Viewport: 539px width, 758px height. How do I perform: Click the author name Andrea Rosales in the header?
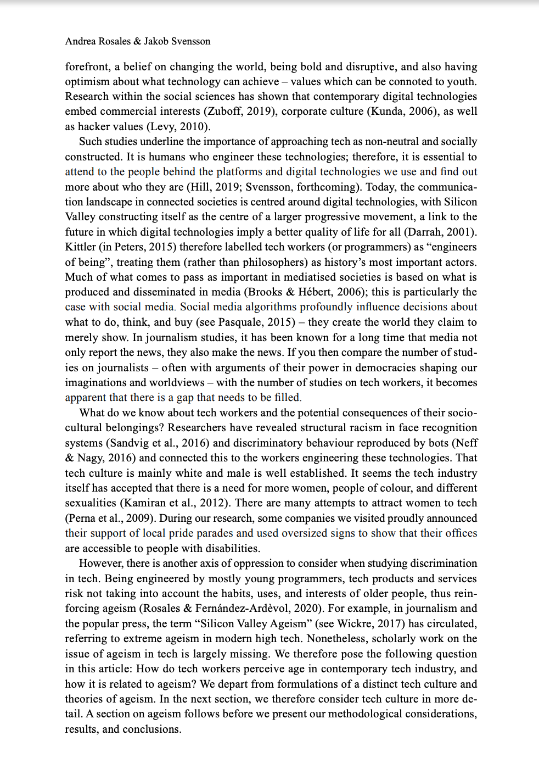pyautogui.click(x=98, y=41)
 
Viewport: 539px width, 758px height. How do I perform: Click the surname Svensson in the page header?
pyautogui.click(x=190, y=41)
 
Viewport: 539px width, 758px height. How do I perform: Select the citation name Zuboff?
pyautogui.click(x=225, y=112)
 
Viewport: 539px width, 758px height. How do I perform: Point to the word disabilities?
pyautogui.click(x=232, y=549)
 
